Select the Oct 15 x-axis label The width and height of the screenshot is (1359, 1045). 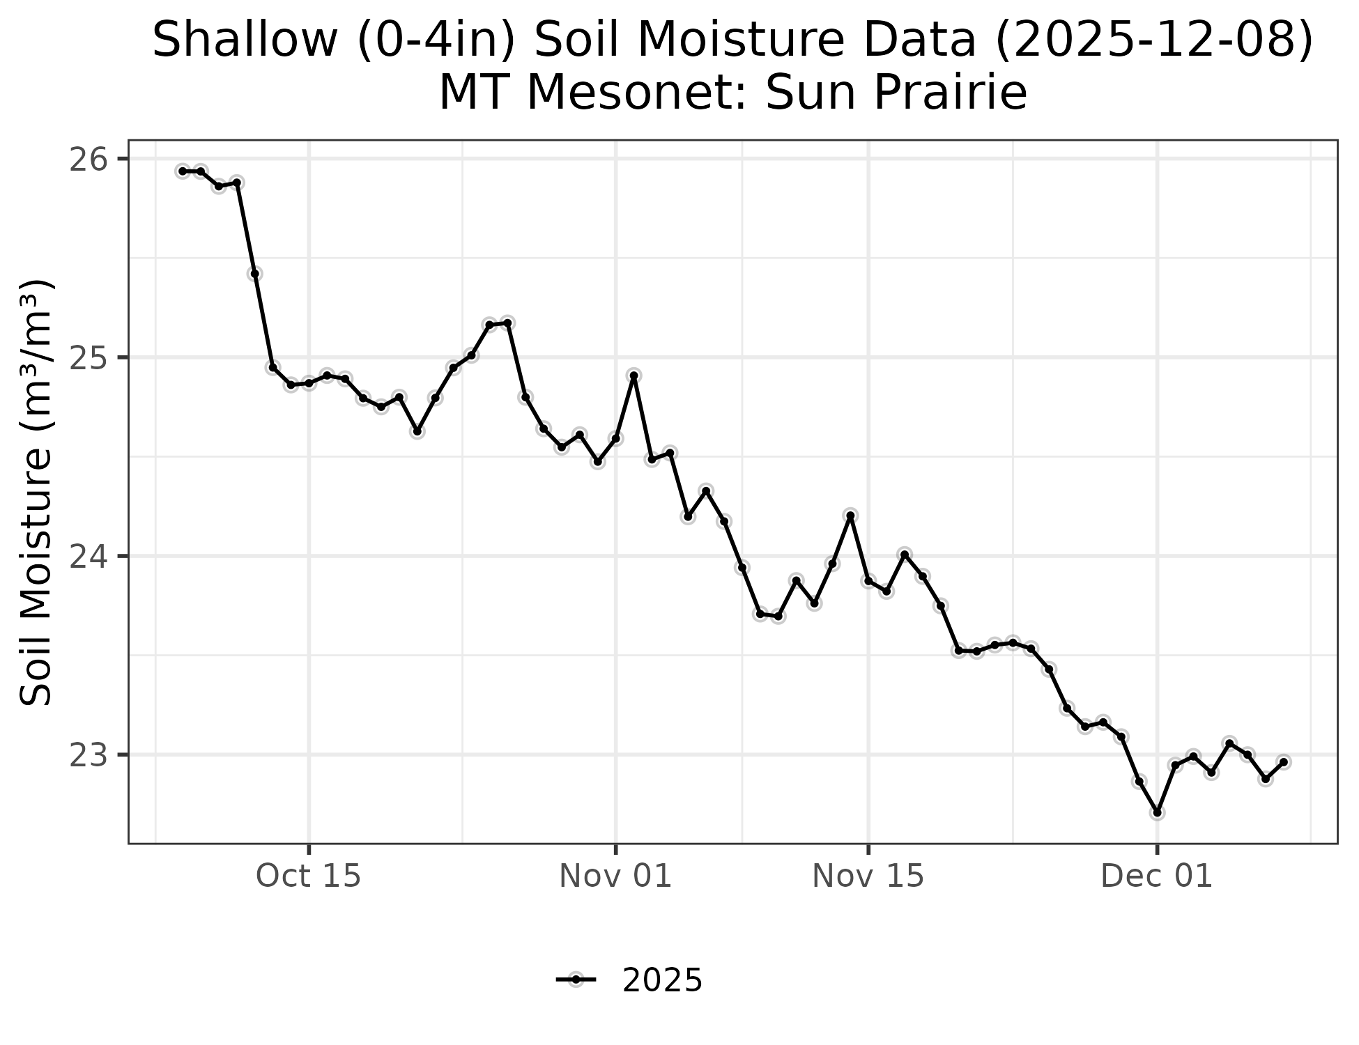pyautogui.click(x=309, y=876)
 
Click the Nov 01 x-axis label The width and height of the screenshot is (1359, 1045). pyautogui.click(x=615, y=876)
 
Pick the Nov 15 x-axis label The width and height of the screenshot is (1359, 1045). pyautogui.click(x=868, y=876)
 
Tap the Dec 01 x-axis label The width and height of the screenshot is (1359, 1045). pyautogui.click(x=1157, y=876)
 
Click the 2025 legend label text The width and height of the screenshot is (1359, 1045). pyautogui.click(x=662, y=981)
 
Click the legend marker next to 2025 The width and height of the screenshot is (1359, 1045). pyautogui.click(x=576, y=980)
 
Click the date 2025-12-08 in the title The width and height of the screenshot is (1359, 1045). pyautogui.click(x=1153, y=40)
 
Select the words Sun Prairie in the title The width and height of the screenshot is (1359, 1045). pyautogui.click(x=896, y=93)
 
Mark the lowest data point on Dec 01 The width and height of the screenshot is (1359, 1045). pyautogui.click(x=1158, y=812)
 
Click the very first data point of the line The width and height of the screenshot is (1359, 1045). pyautogui.click(x=183, y=171)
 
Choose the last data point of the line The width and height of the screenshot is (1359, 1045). pyautogui.click(x=1284, y=762)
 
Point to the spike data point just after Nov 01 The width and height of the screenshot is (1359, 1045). pyautogui.click(x=634, y=376)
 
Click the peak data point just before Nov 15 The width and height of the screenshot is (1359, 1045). pyautogui.click(x=850, y=516)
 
